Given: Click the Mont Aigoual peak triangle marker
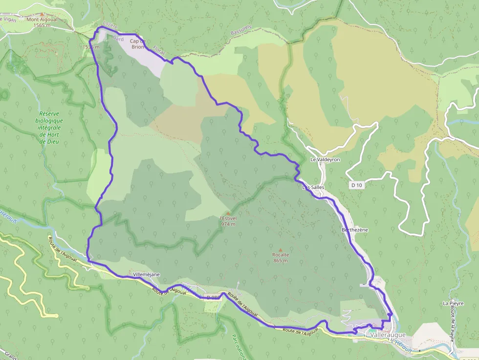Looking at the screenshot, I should [x=42, y=15].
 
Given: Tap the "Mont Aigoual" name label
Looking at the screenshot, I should [x=42, y=20].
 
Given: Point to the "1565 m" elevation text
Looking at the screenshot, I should [x=42, y=25].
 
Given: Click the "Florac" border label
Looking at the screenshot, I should [x=159, y=51].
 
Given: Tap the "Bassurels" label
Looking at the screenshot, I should [x=240, y=31].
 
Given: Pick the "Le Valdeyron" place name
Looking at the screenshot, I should [x=325, y=160].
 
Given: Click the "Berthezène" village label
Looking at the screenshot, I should [x=354, y=230].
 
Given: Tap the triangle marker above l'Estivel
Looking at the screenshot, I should [x=228, y=212].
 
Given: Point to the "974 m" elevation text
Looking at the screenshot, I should [x=228, y=224].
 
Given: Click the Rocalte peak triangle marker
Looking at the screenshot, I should [x=281, y=249].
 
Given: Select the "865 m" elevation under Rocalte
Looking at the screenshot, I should [x=281, y=261].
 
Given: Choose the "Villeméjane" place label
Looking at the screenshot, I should [x=147, y=275].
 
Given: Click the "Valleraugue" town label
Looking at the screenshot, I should [x=388, y=335].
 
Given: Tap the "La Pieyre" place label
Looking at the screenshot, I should [x=453, y=303].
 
